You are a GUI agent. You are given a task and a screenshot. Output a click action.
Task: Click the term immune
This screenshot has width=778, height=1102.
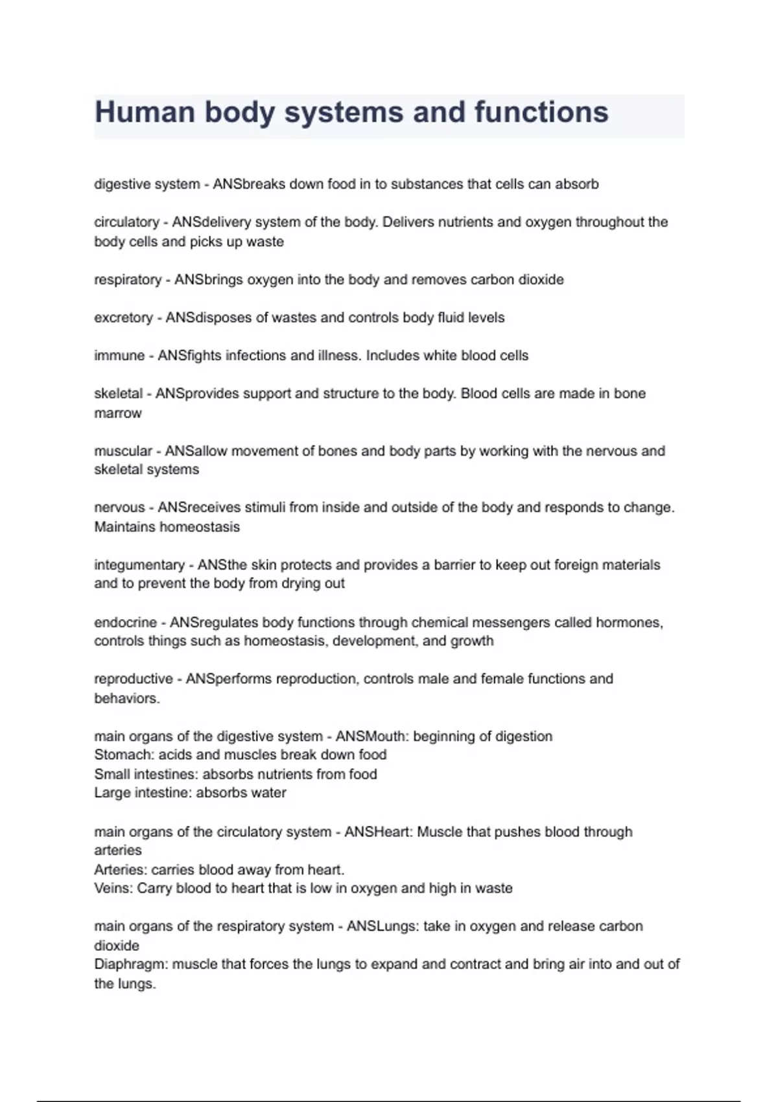tap(119, 355)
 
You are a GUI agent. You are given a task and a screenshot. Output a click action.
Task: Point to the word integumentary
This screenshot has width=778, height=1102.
tap(139, 565)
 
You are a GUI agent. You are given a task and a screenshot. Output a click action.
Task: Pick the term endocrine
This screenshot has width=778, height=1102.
tap(125, 622)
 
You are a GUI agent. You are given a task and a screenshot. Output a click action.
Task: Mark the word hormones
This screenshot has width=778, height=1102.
tap(628, 622)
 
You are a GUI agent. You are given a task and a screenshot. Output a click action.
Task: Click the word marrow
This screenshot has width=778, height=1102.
tap(117, 413)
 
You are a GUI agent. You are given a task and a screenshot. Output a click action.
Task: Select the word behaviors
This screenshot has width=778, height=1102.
tap(126, 698)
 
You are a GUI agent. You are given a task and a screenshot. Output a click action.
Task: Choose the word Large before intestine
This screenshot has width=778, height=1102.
tap(112, 793)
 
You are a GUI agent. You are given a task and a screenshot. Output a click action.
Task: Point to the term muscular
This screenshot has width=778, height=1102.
tap(123, 451)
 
